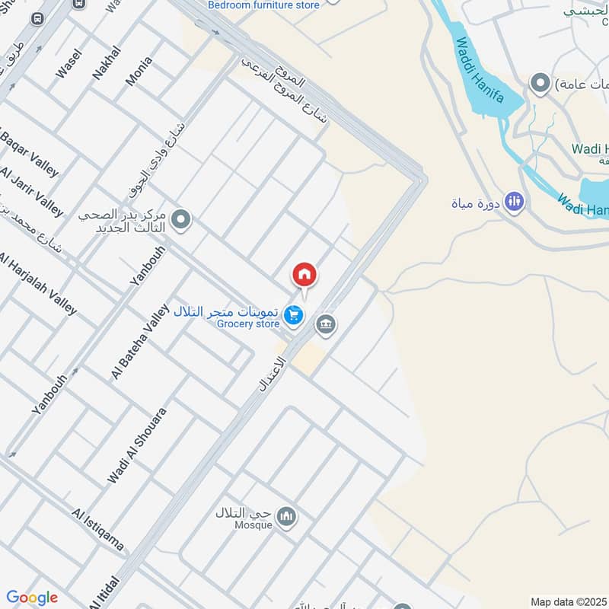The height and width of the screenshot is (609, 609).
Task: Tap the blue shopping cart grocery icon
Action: click(292, 314)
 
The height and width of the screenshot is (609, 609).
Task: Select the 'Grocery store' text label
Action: click(248, 324)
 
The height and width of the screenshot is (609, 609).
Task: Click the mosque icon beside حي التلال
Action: click(287, 517)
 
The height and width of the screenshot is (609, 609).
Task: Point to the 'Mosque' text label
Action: click(253, 525)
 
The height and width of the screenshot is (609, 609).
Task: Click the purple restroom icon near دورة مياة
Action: click(515, 202)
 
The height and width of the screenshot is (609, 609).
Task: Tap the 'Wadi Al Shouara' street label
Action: click(137, 445)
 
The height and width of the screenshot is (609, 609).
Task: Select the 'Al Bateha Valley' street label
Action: click(139, 341)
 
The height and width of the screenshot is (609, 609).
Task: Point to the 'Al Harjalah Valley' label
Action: click(38, 282)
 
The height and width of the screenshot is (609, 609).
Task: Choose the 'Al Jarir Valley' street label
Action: click(32, 193)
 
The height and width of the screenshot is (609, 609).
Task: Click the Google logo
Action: click(32, 598)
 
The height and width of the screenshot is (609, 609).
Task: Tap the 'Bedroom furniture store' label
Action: click(264, 5)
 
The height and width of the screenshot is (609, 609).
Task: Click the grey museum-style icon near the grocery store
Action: click(326, 325)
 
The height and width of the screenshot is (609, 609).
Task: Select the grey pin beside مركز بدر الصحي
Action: click(181, 221)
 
